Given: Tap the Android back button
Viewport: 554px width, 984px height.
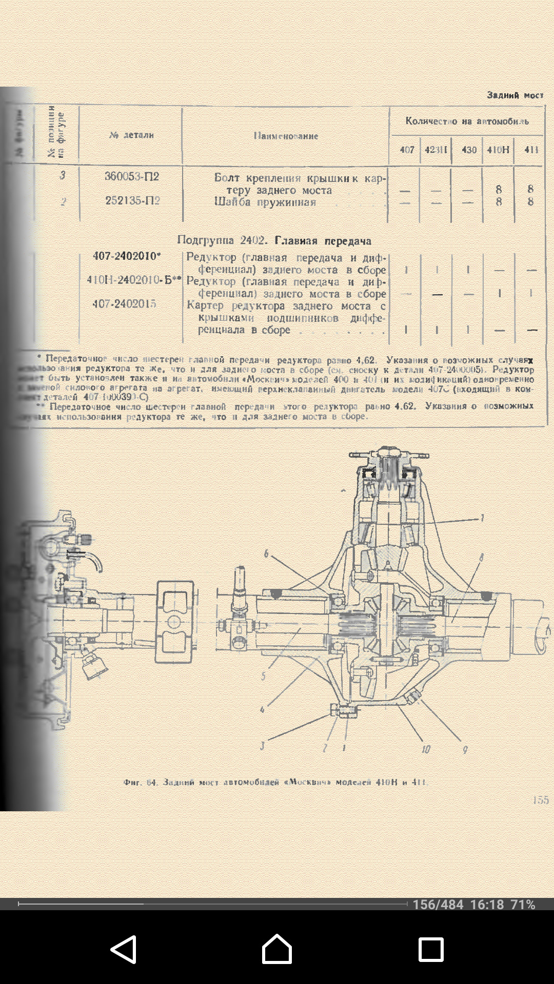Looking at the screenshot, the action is click(x=123, y=949).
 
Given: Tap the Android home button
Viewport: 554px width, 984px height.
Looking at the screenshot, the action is click(x=277, y=949).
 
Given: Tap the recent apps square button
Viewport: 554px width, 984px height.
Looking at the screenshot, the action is click(x=431, y=949).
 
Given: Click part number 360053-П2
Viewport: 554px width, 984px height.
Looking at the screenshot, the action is click(x=132, y=177).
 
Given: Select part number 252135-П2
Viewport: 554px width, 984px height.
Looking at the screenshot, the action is click(x=132, y=201).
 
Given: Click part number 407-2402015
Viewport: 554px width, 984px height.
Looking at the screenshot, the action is click(x=124, y=304).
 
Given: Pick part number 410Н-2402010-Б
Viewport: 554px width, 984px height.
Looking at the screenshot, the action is click(x=131, y=280).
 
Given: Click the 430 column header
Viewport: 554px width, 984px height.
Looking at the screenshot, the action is click(x=469, y=150).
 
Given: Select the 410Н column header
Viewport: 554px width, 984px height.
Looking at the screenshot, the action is click(x=498, y=150).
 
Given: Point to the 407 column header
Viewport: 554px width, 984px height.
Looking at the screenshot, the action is click(x=407, y=150).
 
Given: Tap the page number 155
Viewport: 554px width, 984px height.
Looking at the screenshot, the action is click(x=540, y=800).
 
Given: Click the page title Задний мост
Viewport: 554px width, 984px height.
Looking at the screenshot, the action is click(x=515, y=95).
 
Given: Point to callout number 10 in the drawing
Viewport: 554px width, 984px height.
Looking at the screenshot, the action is click(x=426, y=749).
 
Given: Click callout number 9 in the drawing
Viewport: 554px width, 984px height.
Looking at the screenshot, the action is click(x=465, y=750).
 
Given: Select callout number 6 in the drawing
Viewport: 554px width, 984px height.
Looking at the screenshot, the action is click(x=266, y=553).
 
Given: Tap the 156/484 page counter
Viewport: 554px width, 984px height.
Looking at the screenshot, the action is click(x=438, y=905).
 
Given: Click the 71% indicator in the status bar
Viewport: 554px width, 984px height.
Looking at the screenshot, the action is click(x=523, y=905).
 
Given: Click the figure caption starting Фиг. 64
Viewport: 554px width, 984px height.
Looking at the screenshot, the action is click(x=275, y=782).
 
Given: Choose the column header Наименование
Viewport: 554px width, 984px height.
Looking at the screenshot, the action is click(x=286, y=136).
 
